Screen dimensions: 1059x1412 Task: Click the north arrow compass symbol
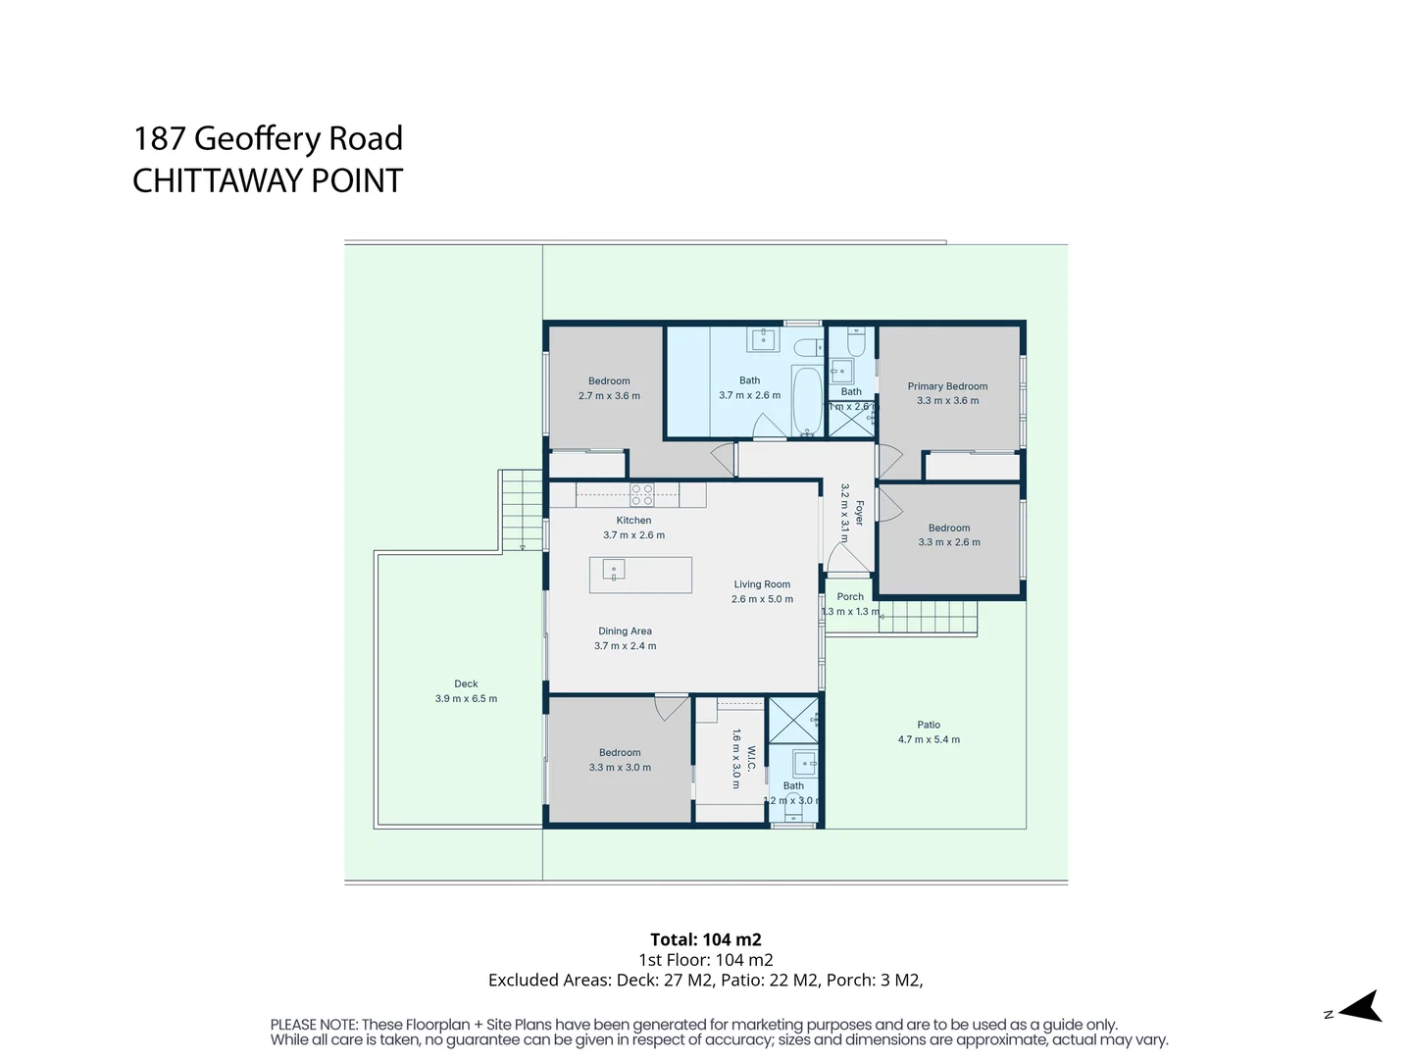coord(1360,1007)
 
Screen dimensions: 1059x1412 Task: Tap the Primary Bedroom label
coord(947,386)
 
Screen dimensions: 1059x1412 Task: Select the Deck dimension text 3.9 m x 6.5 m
coord(466,699)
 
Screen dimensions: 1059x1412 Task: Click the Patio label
coord(929,725)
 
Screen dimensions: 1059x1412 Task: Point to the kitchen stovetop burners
coord(642,494)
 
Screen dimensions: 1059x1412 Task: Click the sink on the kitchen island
coord(614,570)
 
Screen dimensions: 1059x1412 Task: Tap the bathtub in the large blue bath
coord(807,401)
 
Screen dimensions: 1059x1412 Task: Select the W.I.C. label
coord(751,758)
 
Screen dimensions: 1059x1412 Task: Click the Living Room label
coord(762,584)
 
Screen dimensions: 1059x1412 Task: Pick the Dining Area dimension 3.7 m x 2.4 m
coord(625,646)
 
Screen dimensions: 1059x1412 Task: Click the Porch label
coord(850,596)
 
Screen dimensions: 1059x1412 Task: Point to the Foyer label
coord(860,513)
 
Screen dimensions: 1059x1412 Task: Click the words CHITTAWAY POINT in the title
coord(268,181)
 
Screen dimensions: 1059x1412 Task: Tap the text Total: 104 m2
coord(706,939)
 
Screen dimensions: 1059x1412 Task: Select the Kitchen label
coord(633,521)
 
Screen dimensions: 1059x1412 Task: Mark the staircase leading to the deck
coord(522,510)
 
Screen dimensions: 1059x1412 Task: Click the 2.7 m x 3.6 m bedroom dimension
coord(609,396)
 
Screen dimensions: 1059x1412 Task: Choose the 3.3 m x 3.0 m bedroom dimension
coord(620,768)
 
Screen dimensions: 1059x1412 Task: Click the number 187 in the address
coord(159,138)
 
